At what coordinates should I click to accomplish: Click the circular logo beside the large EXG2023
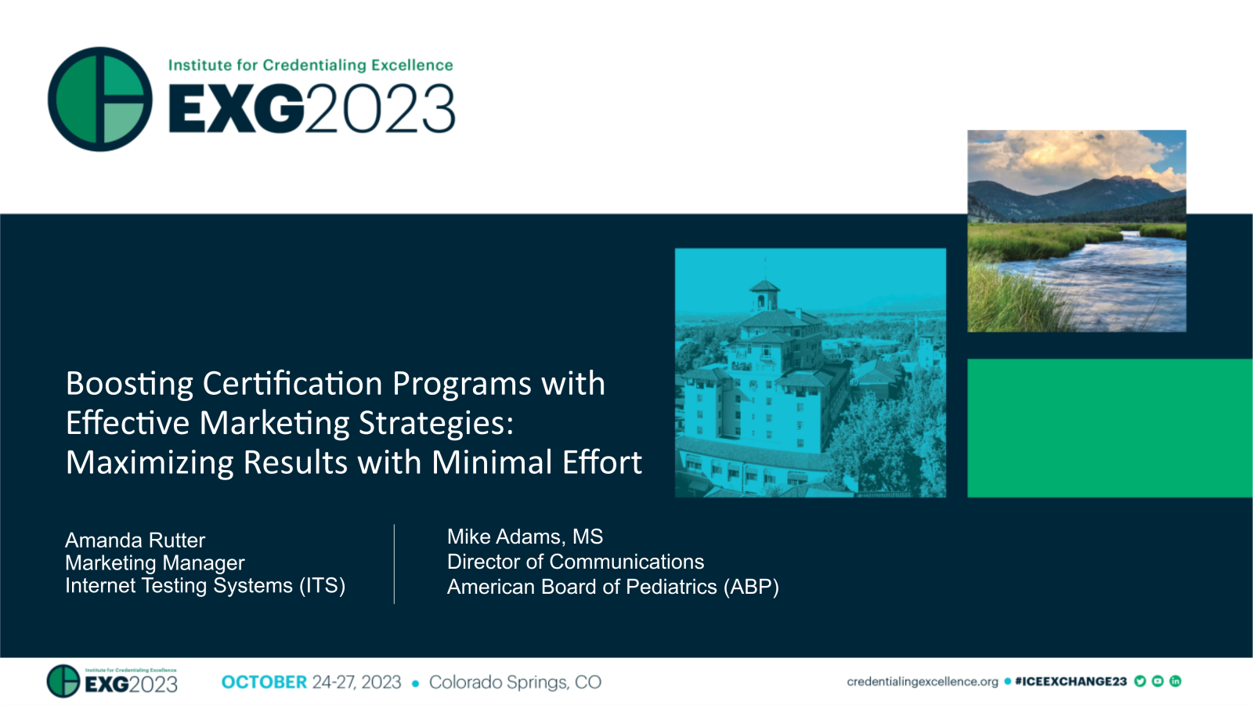coord(100,99)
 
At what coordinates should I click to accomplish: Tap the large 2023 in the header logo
coord(381,109)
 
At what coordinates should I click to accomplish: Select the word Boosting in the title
coord(129,385)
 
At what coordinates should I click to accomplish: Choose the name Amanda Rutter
coord(135,540)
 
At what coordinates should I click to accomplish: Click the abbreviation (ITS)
coord(322,586)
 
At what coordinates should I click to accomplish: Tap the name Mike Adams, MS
coord(525,537)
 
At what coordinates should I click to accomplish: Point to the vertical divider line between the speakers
coord(394,564)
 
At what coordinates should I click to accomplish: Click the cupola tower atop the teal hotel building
coord(764,294)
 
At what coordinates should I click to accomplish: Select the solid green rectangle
coord(1109,428)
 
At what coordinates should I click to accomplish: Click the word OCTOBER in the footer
coord(264,682)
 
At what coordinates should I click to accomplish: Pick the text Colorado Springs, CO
coord(515,682)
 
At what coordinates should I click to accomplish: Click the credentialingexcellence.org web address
coord(922,681)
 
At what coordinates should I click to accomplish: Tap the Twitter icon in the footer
coord(1140,681)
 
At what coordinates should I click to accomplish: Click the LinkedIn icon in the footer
coord(1175,681)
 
